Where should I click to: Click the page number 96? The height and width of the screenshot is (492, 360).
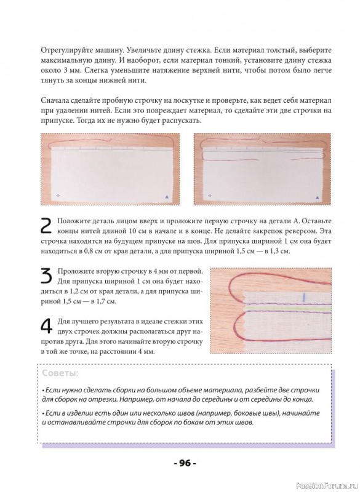click(x=185, y=462)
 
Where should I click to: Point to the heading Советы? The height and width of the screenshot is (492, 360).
click(x=60, y=373)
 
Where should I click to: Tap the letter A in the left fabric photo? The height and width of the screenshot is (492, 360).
click(x=167, y=197)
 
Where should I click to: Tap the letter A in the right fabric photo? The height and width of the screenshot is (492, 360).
click(x=317, y=197)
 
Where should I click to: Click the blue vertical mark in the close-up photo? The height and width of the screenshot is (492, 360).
click(x=303, y=297)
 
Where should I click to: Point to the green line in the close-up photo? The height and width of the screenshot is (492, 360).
click(x=287, y=309)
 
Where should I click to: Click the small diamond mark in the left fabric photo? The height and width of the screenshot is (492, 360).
click(x=57, y=196)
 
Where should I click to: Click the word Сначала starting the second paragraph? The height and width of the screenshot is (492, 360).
click(x=52, y=100)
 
